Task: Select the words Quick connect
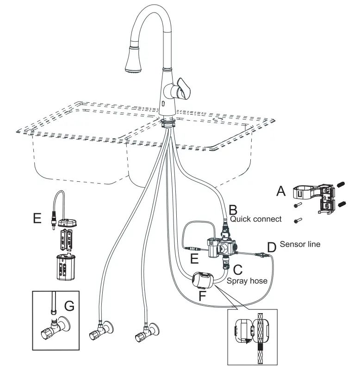[255, 219]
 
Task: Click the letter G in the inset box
[70, 306]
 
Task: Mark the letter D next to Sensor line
[272, 247]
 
